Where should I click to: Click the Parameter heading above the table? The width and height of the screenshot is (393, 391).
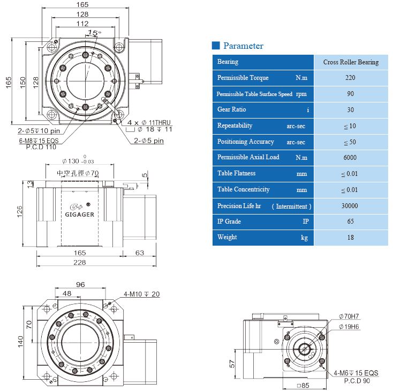coord(243,46)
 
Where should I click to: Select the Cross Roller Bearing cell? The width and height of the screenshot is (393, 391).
coord(351,62)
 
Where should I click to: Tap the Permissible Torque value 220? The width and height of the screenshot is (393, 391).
coord(351,78)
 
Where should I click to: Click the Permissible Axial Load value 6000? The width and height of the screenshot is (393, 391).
coord(351,158)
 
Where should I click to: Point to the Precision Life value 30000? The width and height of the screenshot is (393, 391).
coord(351,205)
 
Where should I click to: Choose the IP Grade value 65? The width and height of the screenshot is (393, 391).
coord(351,222)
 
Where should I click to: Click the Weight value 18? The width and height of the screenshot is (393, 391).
coord(351,237)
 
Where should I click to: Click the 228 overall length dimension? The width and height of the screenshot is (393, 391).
coord(79,262)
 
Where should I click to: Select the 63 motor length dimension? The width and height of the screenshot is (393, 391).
coord(139,252)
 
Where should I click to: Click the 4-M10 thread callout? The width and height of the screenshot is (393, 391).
coord(142,294)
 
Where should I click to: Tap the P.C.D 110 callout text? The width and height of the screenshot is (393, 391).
coord(41,146)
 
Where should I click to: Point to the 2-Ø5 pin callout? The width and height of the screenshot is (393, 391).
coord(149,141)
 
